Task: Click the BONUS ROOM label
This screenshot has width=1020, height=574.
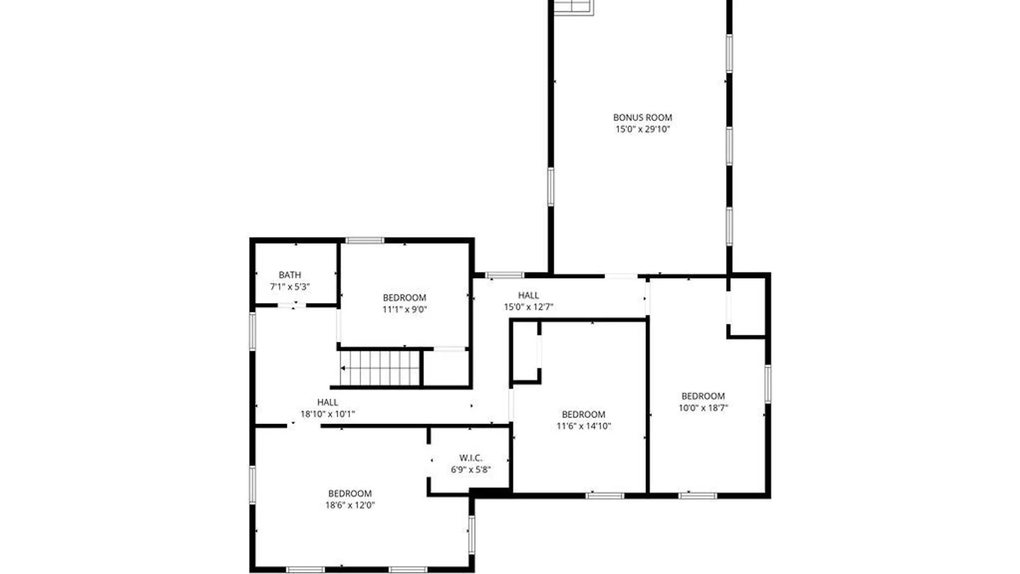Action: pyautogui.click(x=642, y=117)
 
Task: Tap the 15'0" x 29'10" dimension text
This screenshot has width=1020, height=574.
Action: pyautogui.click(x=642, y=129)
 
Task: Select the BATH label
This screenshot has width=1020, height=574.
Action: pyautogui.click(x=290, y=275)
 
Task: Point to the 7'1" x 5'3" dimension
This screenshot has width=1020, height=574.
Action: pyautogui.click(x=290, y=286)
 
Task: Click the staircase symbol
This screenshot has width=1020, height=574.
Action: pyautogui.click(x=380, y=368)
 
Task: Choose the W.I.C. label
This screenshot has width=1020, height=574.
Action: pyautogui.click(x=471, y=458)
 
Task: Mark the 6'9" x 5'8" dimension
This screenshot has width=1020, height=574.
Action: pyautogui.click(x=471, y=469)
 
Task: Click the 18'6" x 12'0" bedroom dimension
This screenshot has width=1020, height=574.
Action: pyautogui.click(x=350, y=505)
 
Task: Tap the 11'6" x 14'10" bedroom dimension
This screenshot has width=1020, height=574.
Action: pyautogui.click(x=583, y=426)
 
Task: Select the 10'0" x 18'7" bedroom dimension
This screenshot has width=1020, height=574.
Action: pyautogui.click(x=703, y=408)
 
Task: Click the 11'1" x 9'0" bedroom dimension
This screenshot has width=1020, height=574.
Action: pyautogui.click(x=404, y=309)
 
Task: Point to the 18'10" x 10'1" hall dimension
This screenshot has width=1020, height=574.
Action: pyautogui.click(x=327, y=414)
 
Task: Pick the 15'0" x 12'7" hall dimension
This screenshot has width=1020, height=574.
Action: pyautogui.click(x=528, y=307)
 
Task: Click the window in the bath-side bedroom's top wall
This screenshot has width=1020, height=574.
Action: pyautogui.click(x=364, y=241)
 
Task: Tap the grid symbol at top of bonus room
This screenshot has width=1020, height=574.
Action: pyautogui.click(x=573, y=7)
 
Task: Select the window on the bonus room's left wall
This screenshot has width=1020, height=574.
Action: pyautogui.click(x=551, y=187)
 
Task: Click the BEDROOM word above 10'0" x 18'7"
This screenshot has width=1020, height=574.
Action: pyautogui.click(x=703, y=396)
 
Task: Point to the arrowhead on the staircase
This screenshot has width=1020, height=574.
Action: pyautogui.click(x=343, y=368)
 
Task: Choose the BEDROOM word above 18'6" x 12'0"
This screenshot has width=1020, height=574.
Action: pyautogui.click(x=350, y=493)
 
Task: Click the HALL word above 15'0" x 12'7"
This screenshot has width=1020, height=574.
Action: pyautogui.click(x=528, y=295)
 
